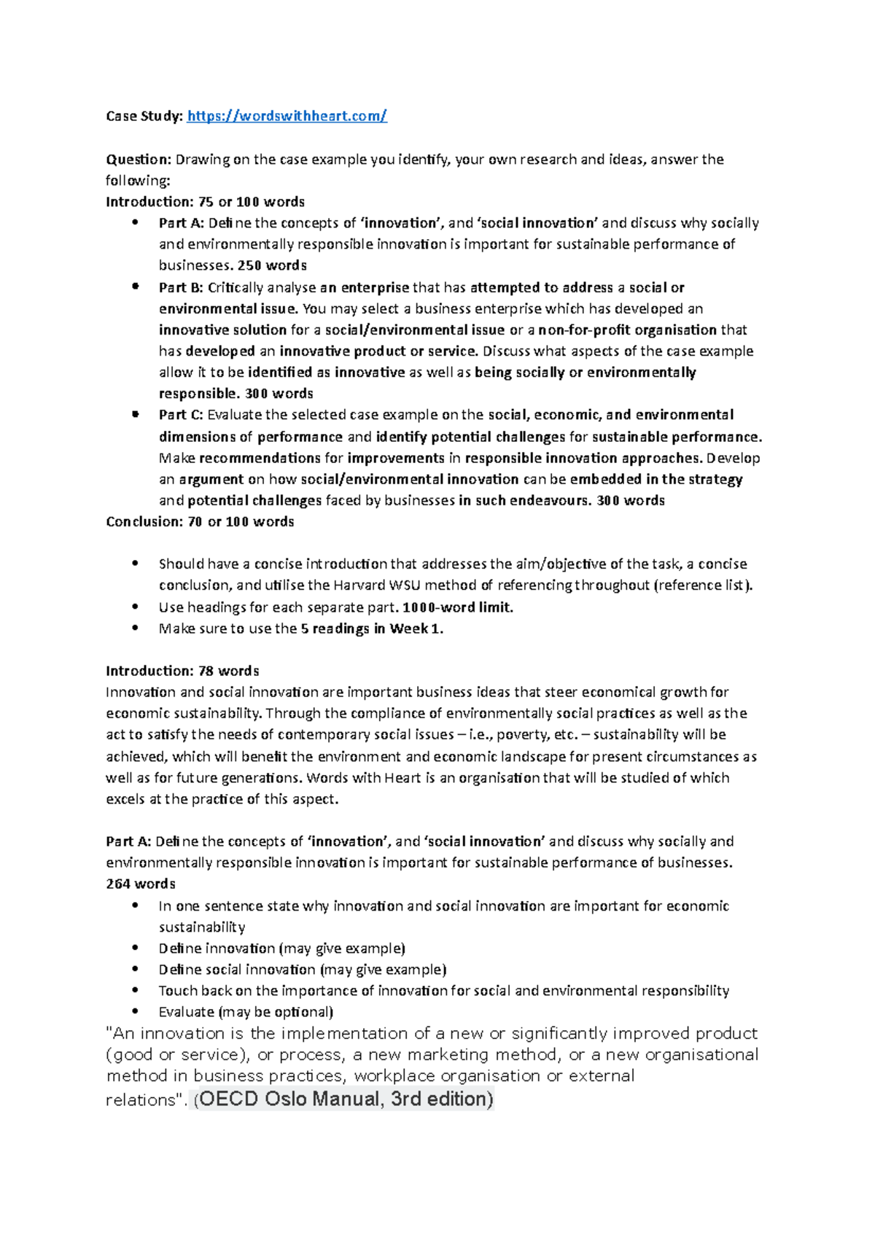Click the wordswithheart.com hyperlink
pos(287,116)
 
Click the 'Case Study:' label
pos(144,116)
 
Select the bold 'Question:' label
pos(139,159)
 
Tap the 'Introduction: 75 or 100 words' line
pos(205,202)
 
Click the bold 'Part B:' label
pos(181,287)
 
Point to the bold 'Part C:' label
pos(181,415)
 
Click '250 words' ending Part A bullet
pos(272,265)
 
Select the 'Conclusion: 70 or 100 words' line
pos(200,521)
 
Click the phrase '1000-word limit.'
pos(458,607)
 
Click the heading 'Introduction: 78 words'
pos(182,671)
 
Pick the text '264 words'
pos(141,884)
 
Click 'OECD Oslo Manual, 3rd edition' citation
pos(346,1099)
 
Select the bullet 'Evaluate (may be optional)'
pos(246,1012)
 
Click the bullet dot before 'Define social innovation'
pos(135,970)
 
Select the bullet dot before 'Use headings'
pos(135,607)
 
